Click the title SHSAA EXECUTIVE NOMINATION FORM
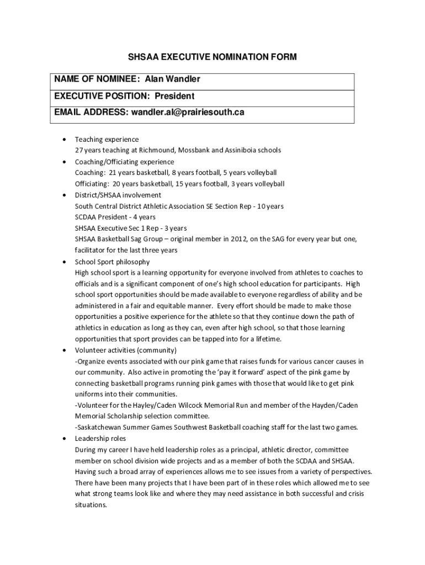(212, 57)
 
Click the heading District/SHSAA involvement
(118, 195)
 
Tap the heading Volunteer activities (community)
(126, 350)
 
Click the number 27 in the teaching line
(79, 150)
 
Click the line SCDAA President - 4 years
(115, 217)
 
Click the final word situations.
(91, 505)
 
